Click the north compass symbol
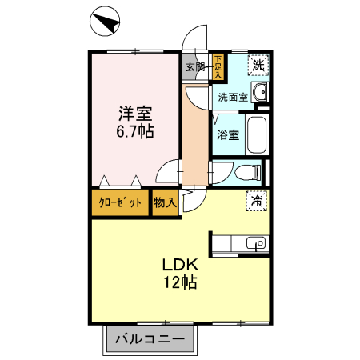tap(104, 21)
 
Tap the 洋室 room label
tap(135, 113)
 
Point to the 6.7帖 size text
tap(135, 130)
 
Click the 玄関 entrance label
tap(195, 67)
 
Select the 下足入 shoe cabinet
tap(218, 66)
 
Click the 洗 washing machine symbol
tap(258, 65)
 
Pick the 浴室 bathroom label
tap(228, 134)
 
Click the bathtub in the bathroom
tap(256, 134)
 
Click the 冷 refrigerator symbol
tap(257, 202)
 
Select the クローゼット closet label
tap(120, 202)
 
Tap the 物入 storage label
tap(165, 202)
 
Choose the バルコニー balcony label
tap(150, 339)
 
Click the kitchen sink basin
tap(255, 243)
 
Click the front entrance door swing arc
tap(192, 40)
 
